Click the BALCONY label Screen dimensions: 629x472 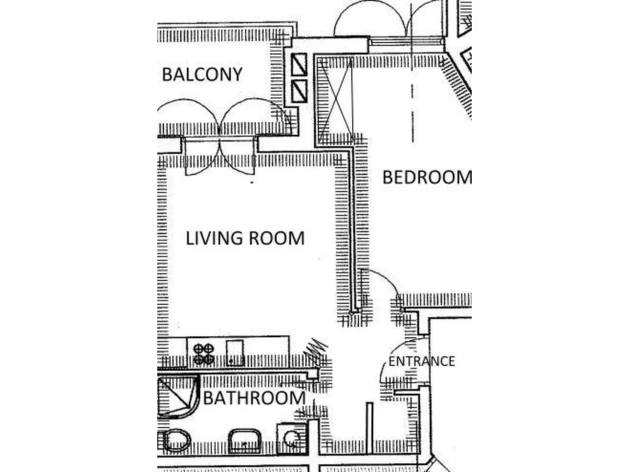(x=202, y=74)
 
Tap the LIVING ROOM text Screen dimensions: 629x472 (x=245, y=238)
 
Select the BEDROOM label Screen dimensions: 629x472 (x=427, y=177)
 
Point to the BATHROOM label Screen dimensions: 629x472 (x=254, y=398)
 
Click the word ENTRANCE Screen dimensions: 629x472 (x=422, y=361)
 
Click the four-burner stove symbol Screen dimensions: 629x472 (x=203, y=354)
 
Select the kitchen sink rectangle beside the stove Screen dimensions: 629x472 (x=235, y=353)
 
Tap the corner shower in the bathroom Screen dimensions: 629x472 (x=178, y=397)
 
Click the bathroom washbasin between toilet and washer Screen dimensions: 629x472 (x=245, y=441)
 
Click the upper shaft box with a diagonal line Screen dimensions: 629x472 (x=299, y=65)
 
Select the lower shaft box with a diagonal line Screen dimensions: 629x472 (x=299, y=91)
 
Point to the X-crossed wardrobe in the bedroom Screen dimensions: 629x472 (x=335, y=100)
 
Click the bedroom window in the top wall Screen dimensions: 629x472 (x=406, y=42)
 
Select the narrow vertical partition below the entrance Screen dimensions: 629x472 (x=370, y=428)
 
